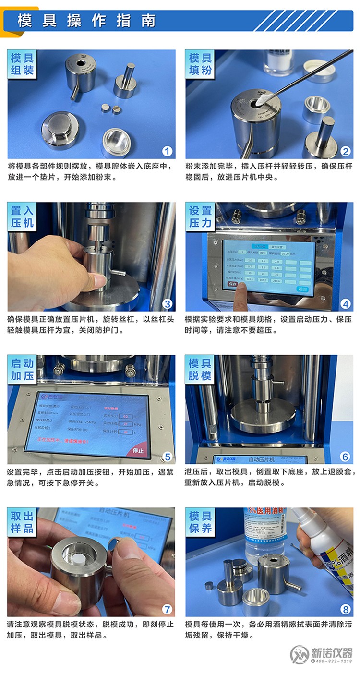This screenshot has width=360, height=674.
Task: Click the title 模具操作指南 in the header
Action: [86, 21]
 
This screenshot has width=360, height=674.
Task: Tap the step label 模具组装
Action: [23, 64]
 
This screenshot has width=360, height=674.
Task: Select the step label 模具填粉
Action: [201, 64]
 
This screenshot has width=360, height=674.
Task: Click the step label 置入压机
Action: [23, 217]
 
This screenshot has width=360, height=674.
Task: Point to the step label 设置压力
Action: [201, 217]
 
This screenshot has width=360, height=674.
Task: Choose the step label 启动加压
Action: [23, 369]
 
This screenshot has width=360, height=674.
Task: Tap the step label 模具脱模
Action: [201, 369]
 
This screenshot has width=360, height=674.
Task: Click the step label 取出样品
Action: [23, 522]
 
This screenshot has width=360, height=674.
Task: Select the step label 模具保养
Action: [201, 522]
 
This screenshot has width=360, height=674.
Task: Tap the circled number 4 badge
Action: [345, 303]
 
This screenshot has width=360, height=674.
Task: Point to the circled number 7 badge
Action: [167, 609]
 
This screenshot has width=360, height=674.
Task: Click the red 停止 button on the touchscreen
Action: [138, 450]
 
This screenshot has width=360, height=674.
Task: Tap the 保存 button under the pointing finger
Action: [232, 284]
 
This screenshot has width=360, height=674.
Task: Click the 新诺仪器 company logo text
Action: [331, 652]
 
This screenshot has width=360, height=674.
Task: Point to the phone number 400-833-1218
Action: [332, 661]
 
